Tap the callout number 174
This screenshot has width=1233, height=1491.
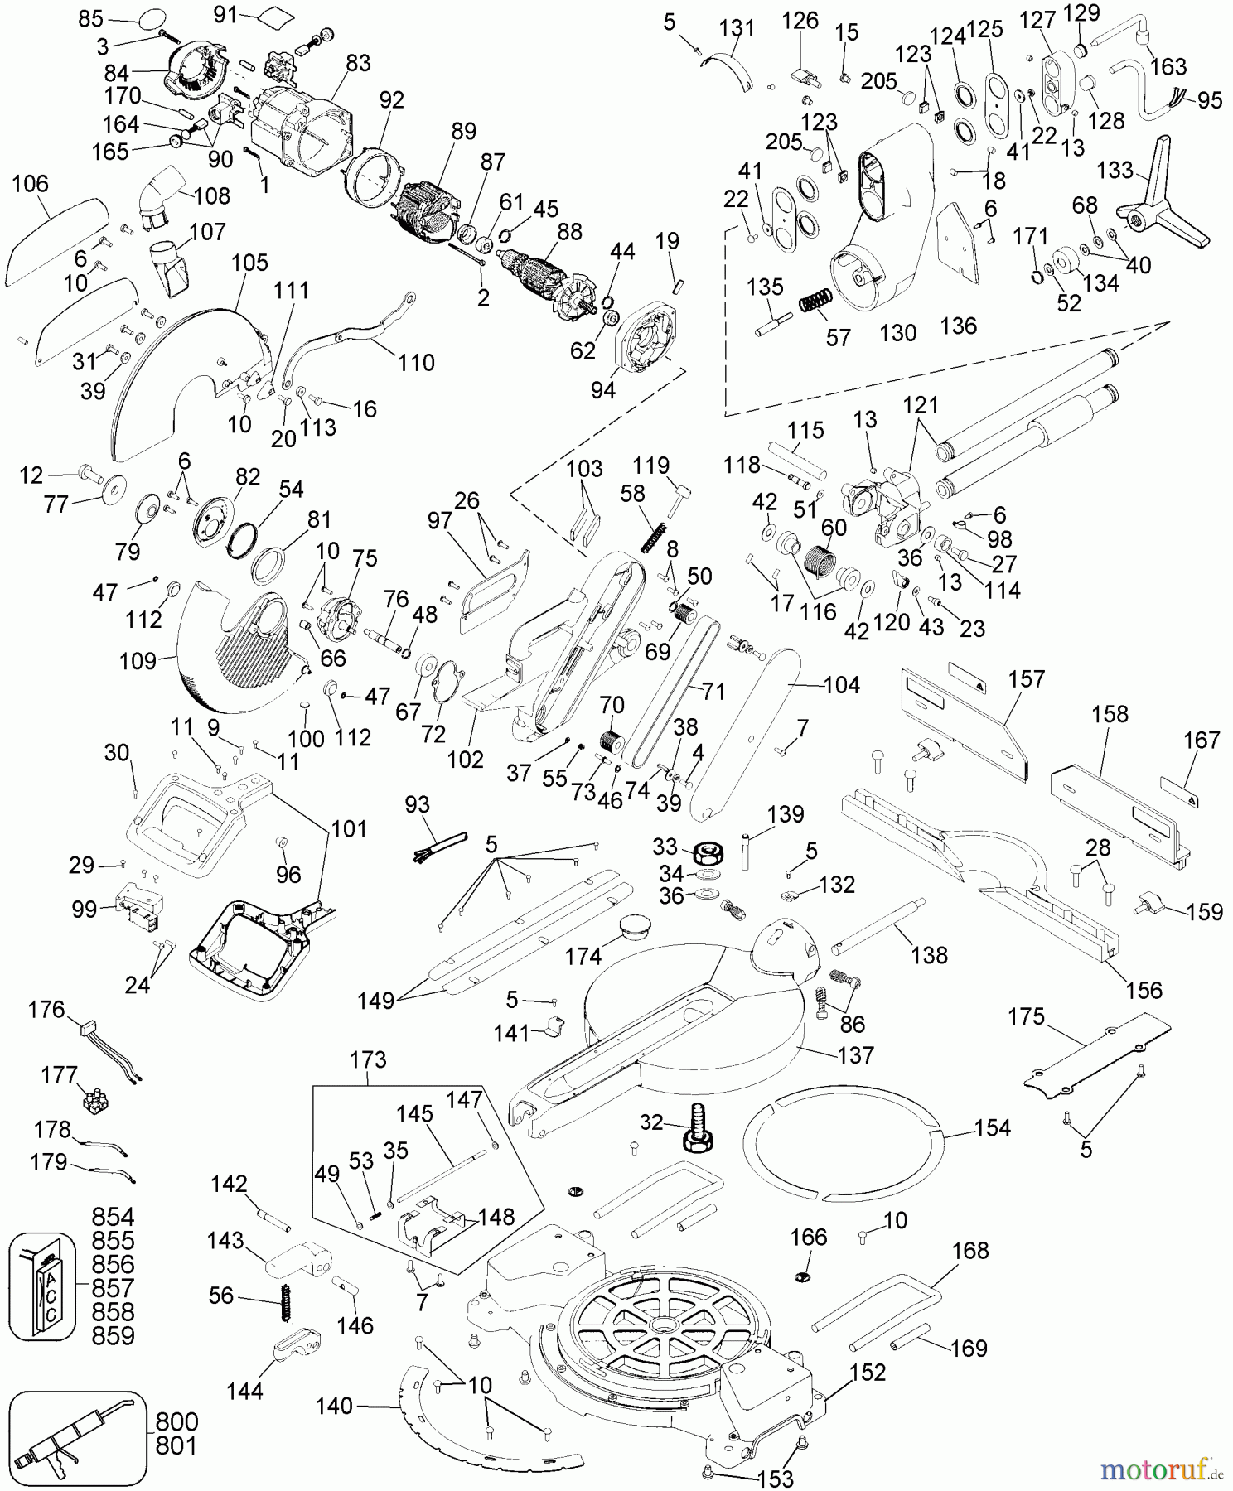coord(583,956)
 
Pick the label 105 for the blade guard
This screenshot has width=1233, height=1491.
coord(249,263)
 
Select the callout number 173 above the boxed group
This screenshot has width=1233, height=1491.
coord(368,1059)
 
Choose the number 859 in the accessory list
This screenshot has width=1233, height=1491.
coord(113,1335)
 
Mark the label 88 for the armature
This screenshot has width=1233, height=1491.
coord(569,231)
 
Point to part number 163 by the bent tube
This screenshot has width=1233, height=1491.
coord(1168,66)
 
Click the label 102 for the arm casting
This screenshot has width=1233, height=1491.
coord(466,759)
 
